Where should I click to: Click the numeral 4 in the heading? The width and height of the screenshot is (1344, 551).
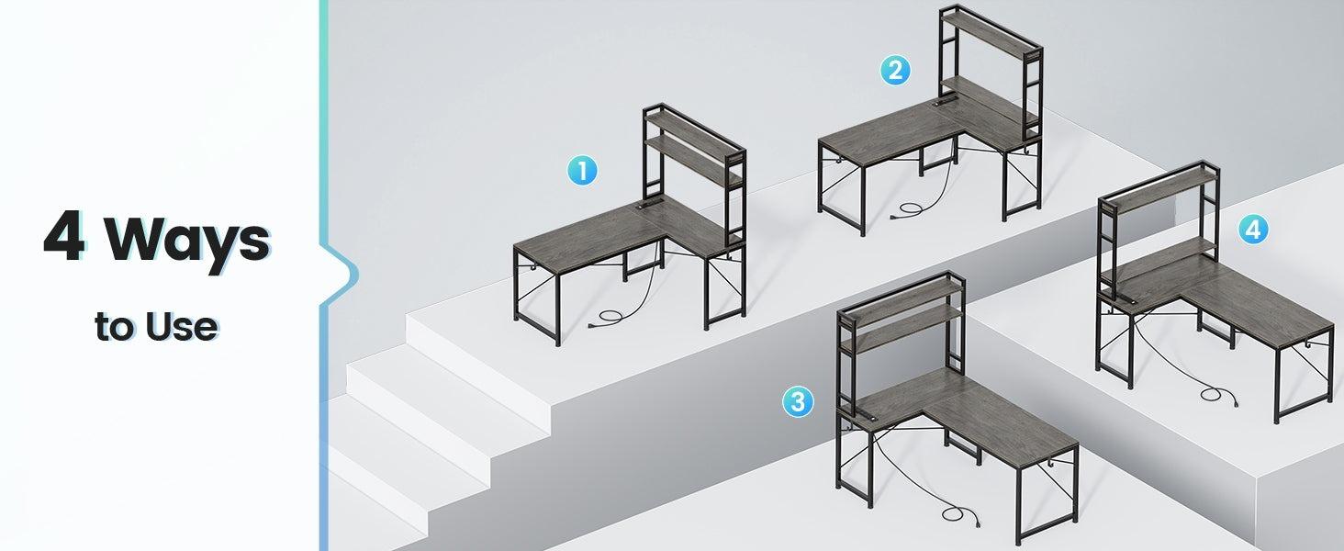(x=63, y=238)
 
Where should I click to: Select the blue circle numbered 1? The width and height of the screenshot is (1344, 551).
(x=582, y=170)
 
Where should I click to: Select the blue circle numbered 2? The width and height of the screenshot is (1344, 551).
(x=895, y=70)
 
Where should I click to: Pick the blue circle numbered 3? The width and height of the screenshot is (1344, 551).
(x=798, y=400)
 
